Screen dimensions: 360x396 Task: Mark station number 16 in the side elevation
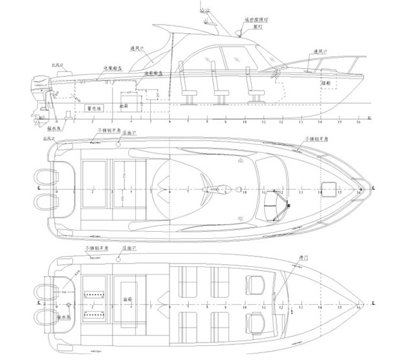tap(358, 122)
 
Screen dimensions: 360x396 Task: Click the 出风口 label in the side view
tap(56, 65)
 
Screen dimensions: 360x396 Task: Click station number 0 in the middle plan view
tap(57, 192)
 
